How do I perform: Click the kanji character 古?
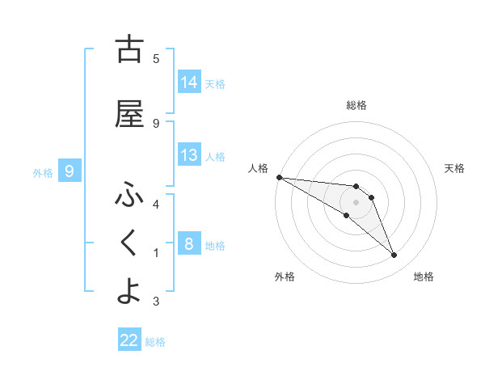tap(129, 50)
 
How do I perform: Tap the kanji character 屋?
tap(129, 116)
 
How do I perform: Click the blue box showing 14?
tap(189, 82)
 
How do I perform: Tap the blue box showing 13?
tap(189, 155)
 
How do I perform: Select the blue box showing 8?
tap(189, 244)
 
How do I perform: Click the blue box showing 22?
tap(129, 340)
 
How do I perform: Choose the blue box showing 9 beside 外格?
tap(70, 171)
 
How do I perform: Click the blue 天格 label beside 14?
tap(215, 83)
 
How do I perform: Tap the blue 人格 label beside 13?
tap(215, 156)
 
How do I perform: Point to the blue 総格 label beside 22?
tap(155, 342)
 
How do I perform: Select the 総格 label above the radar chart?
tap(356, 105)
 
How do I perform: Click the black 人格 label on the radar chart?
tap(259, 168)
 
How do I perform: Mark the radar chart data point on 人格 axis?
tap(279, 177)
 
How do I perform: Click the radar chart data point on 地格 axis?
tap(394, 255)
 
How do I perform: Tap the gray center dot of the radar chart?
tap(356, 202)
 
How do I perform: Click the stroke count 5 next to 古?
tap(156, 58)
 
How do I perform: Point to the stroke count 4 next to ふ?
tap(156, 204)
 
